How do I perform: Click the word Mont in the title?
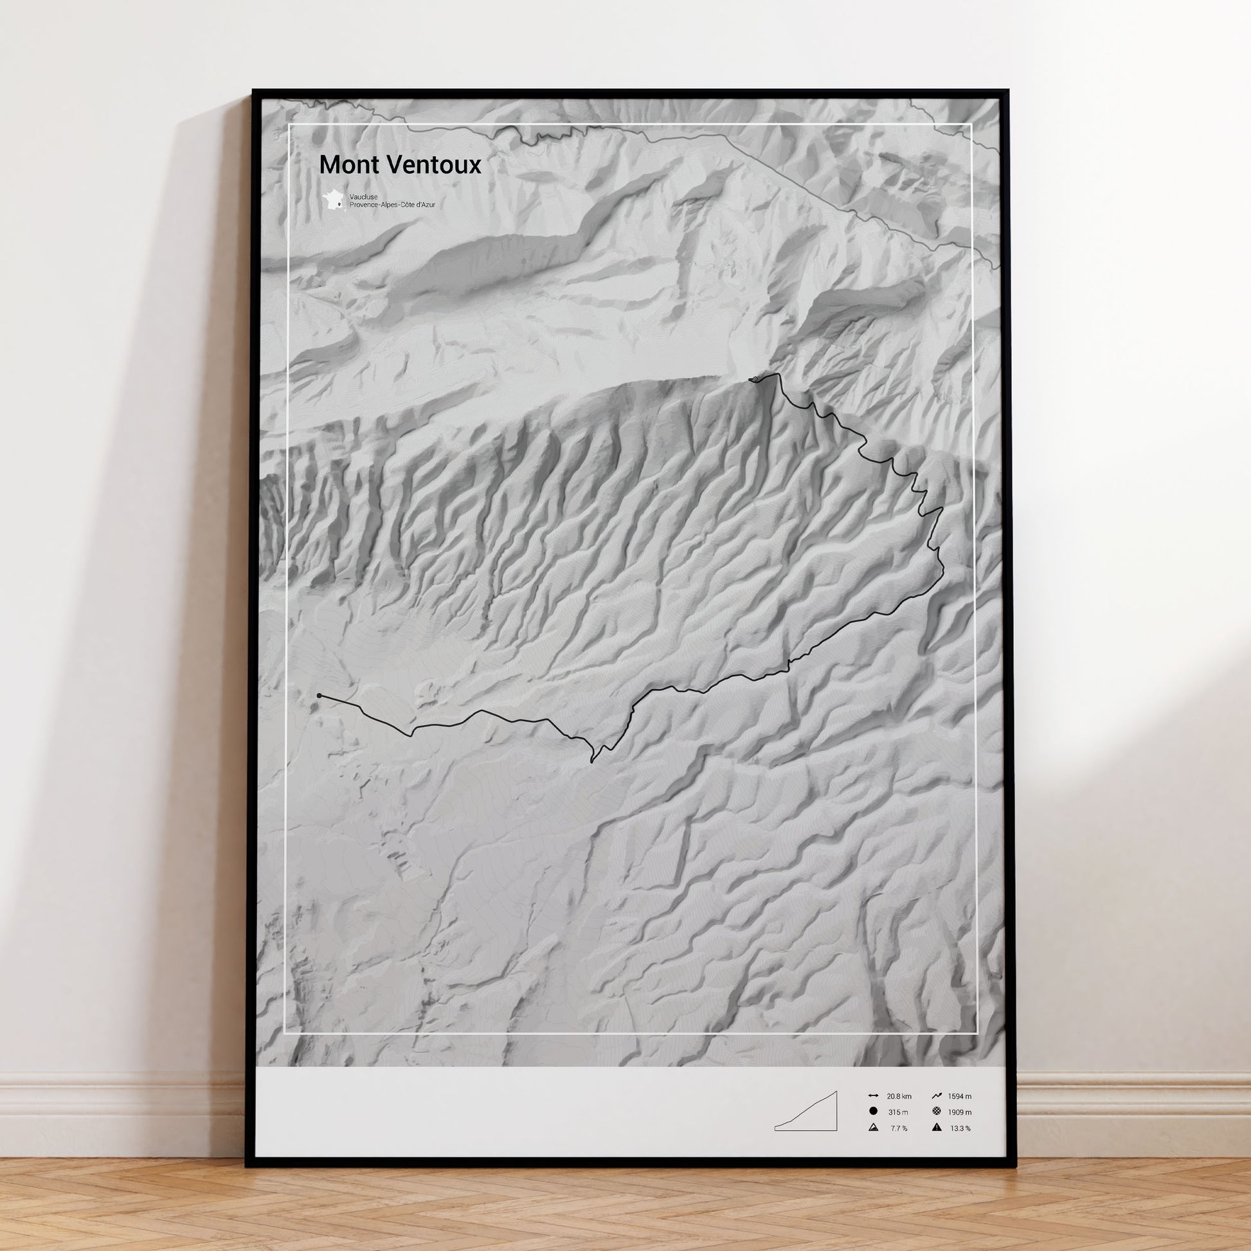pyautogui.click(x=347, y=165)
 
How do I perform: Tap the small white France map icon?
pyautogui.click(x=335, y=200)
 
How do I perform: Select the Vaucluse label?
pyautogui.click(x=363, y=196)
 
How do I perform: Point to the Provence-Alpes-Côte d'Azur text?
pyautogui.click(x=392, y=204)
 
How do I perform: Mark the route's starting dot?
pyautogui.click(x=319, y=696)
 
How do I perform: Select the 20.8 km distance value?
pyautogui.click(x=899, y=1096)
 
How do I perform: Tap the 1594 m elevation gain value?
pyautogui.click(x=960, y=1096)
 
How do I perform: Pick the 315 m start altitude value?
pyautogui.click(x=897, y=1112)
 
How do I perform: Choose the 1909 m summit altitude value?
pyautogui.click(x=960, y=1112)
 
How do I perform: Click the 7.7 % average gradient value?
pyautogui.click(x=899, y=1129)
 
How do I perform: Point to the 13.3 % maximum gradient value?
pyautogui.click(x=960, y=1129)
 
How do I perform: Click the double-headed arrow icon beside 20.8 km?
pyautogui.click(x=873, y=1096)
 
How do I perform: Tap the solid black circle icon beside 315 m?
pyautogui.click(x=873, y=1111)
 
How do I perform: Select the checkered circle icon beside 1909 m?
pyautogui.click(x=937, y=1111)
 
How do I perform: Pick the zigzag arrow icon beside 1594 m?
pyautogui.click(x=937, y=1096)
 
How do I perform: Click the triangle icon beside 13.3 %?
pyautogui.click(x=937, y=1128)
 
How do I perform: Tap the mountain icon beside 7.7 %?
pyautogui.click(x=873, y=1128)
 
